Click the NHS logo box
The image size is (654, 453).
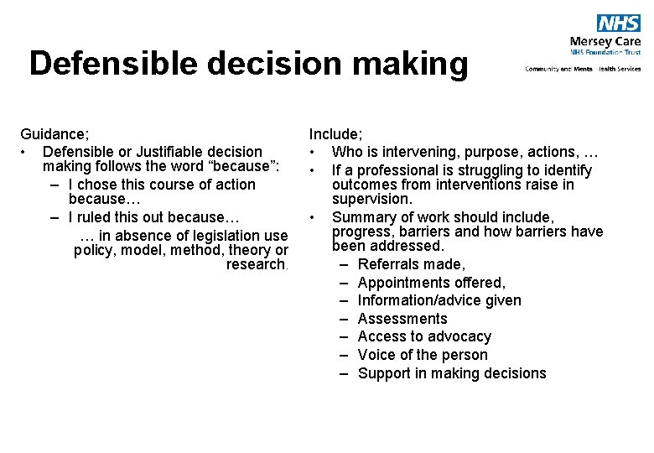(x=618, y=23)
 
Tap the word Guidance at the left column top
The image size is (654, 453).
(x=53, y=133)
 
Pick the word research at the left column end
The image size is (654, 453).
(x=256, y=264)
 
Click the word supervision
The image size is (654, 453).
(x=372, y=199)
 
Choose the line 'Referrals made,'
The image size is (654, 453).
(x=411, y=264)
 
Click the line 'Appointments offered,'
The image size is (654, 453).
(x=431, y=283)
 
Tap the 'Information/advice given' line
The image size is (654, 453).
(x=439, y=300)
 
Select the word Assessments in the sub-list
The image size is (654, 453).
(x=402, y=319)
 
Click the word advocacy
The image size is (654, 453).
(x=459, y=336)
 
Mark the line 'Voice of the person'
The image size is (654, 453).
(x=423, y=355)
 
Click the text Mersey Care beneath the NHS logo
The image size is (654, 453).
(x=605, y=41)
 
